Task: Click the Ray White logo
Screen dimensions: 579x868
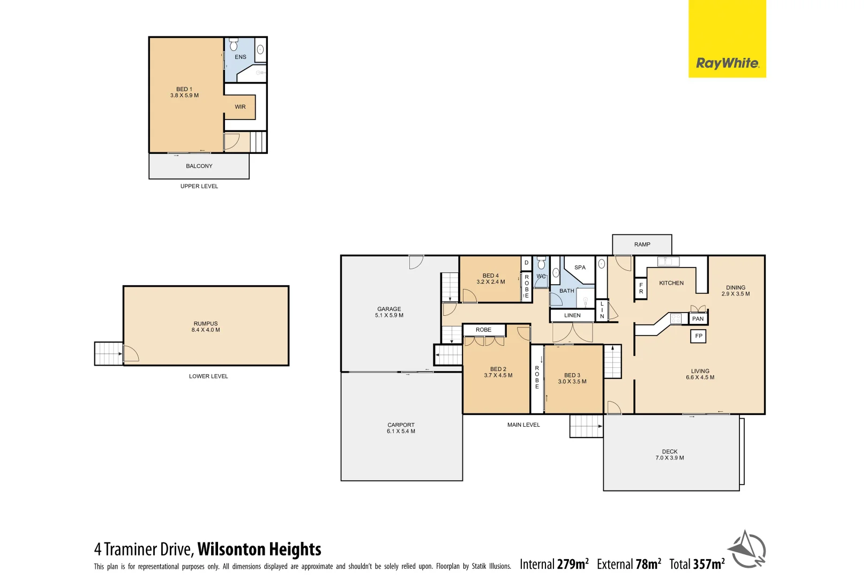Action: click(x=727, y=63)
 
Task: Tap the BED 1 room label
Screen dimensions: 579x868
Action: click(x=184, y=90)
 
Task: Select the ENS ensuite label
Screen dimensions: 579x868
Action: click(x=241, y=57)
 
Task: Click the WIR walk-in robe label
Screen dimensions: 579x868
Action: click(x=240, y=107)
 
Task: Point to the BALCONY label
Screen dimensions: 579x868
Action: click(x=199, y=166)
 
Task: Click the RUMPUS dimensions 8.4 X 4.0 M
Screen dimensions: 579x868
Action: click(x=206, y=330)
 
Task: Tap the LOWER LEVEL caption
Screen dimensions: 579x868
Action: click(x=208, y=376)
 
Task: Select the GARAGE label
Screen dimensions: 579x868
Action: click(x=389, y=309)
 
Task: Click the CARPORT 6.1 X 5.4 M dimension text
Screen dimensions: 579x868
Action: click(x=401, y=432)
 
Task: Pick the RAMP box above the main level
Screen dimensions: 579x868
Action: click(x=642, y=244)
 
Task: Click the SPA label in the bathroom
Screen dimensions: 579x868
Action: click(x=580, y=267)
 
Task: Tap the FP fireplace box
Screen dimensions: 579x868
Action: click(x=698, y=336)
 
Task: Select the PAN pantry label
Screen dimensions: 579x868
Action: click(x=698, y=318)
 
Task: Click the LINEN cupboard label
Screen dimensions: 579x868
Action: click(x=572, y=315)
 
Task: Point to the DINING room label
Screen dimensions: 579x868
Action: click(x=735, y=287)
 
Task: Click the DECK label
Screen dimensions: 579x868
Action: click(x=669, y=451)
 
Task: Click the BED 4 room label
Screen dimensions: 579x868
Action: click(x=490, y=276)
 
